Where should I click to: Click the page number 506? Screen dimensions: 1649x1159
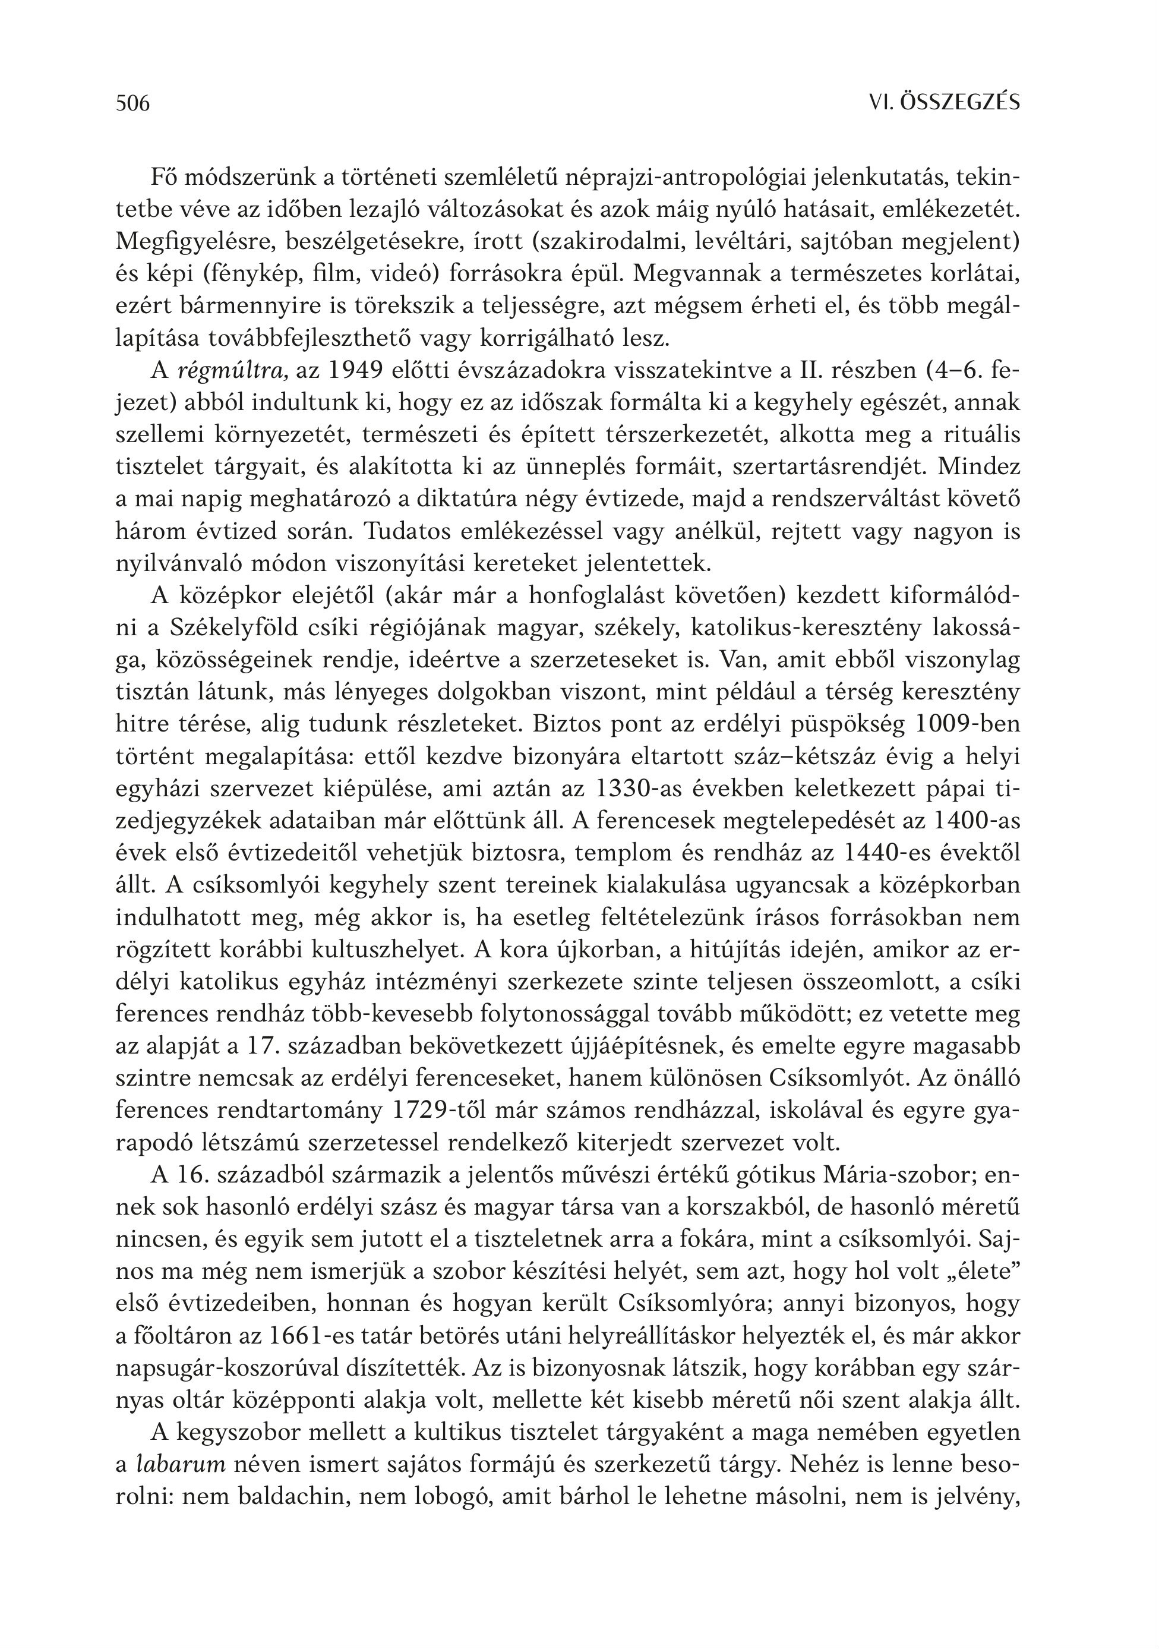pyautogui.click(x=133, y=104)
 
